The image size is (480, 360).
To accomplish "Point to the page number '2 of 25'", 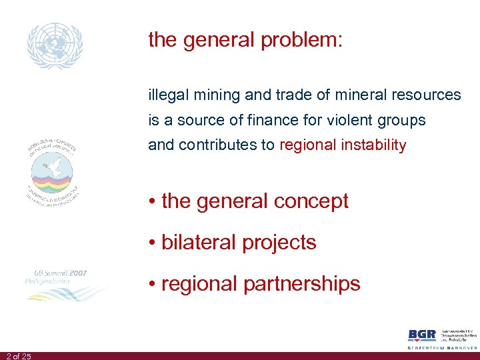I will point(17,355).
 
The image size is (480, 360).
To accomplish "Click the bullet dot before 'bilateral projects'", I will point(153,243).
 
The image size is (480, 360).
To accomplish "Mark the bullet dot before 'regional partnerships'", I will point(153,285).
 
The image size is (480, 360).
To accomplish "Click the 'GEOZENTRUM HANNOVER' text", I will point(442,348).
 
